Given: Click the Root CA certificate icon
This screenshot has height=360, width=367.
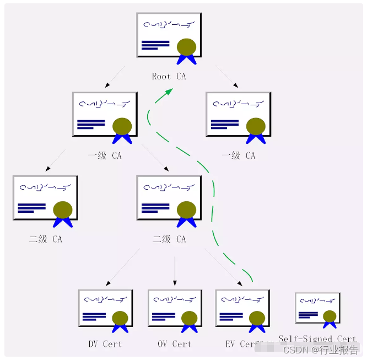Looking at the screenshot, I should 169,34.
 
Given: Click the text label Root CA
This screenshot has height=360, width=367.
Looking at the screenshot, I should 169,77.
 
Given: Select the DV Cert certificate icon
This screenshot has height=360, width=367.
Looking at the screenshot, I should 105,309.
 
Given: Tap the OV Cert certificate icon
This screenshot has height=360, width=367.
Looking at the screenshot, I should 174,309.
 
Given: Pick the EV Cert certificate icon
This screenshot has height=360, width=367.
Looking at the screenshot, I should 242,309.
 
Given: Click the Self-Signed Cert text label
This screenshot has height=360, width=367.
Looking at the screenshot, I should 317,339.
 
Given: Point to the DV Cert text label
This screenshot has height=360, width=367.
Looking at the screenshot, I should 105,344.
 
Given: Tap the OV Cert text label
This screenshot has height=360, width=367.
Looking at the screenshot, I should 174,344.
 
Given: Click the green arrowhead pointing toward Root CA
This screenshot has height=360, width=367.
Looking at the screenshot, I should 165,93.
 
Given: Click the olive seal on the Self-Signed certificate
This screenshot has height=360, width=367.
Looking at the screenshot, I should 330,316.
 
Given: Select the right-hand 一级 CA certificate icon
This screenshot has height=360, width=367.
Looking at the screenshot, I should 238,114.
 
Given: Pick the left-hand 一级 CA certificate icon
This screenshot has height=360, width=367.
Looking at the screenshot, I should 105,114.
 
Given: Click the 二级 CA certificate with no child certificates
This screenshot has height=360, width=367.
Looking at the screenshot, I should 45,197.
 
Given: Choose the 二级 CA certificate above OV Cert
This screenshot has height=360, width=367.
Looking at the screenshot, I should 169,197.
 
